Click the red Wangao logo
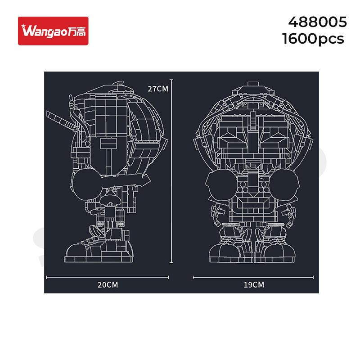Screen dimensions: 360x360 pyautogui.click(x=53, y=31)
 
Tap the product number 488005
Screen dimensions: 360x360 pyautogui.click(x=317, y=22)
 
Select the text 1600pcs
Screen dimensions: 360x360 pyautogui.click(x=313, y=39)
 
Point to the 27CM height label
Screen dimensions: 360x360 pyautogui.click(x=158, y=89)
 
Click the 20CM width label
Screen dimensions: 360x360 pyautogui.click(x=108, y=285)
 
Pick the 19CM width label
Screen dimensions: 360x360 pyautogui.click(x=254, y=285)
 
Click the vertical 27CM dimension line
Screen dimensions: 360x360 pyautogui.click(x=171, y=171)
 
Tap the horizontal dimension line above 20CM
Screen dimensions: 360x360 pyautogui.click(x=108, y=277)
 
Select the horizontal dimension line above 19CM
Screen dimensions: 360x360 pyautogui.click(x=253, y=277)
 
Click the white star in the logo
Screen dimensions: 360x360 pyautogui.click(x=24, y=27)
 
